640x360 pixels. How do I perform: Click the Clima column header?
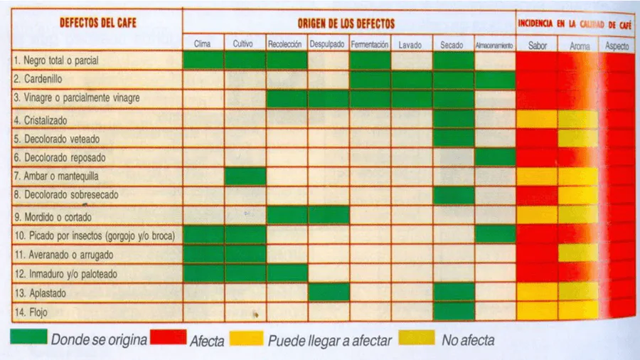click(203, 44)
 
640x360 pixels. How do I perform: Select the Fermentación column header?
click(370, 44)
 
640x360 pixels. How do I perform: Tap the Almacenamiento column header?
click(495, 45)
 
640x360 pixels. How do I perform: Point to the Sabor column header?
click(538, 46)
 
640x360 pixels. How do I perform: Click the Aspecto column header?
click(617, 46)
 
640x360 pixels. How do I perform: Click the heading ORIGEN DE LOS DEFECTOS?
click(346, 24)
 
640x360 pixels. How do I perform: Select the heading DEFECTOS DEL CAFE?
click(98, 22)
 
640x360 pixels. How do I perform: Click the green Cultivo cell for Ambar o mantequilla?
click(245, 176)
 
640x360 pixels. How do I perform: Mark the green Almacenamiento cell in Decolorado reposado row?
click(495, 157)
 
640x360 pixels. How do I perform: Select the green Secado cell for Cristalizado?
click(454, 118)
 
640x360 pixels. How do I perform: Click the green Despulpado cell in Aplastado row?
click(329, 292)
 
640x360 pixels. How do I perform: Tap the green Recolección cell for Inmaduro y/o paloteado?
click(287, 272)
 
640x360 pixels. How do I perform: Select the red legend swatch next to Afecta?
click(168, 337)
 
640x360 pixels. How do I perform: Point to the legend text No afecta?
click(468, 340)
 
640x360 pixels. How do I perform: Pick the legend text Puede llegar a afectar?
click(329, 340)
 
